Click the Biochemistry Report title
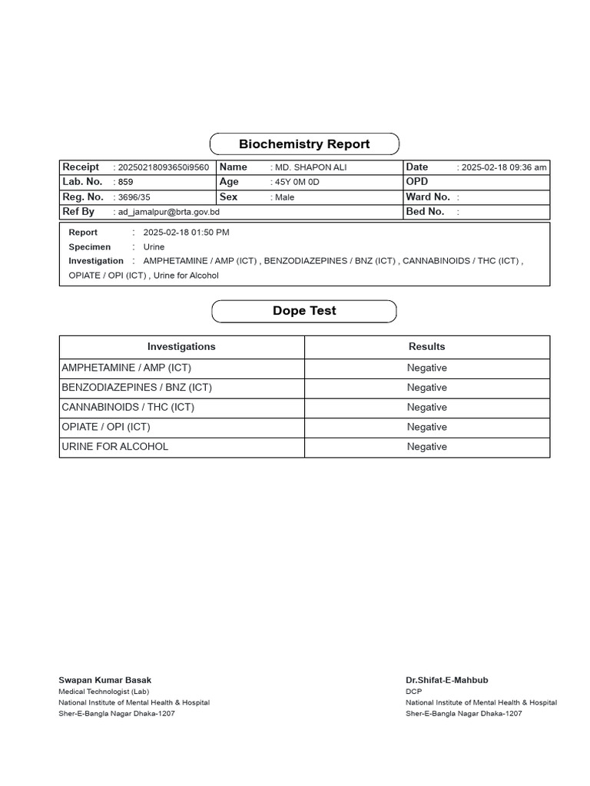(304, 144)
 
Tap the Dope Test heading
(304, 311)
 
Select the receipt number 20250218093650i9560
(163, 167)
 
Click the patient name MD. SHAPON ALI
(311, 167)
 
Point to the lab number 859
(125, 183)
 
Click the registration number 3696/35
(134, 197)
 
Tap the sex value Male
(285, 197)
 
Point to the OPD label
(417, 182)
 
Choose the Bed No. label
(425, 211)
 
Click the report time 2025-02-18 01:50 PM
(186, 233)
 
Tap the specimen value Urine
(154, 247)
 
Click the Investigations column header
(181, 347)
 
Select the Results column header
(426, 347)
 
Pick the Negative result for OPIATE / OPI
(426, 427)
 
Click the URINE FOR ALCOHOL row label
(115, 447)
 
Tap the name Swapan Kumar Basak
(105, 680)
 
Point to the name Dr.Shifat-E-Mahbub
(447, 680)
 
